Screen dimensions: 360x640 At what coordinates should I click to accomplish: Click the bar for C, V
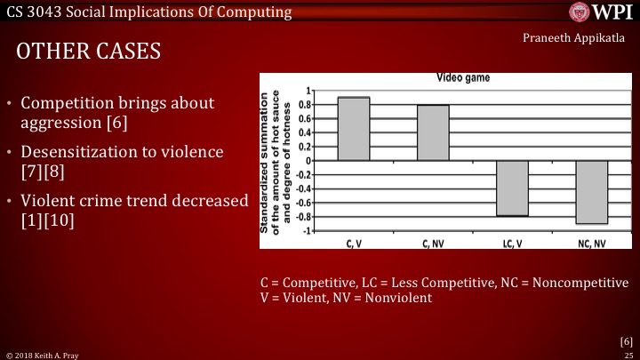(x=354, y=129)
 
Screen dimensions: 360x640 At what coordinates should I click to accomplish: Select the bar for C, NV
(x=433, y=133)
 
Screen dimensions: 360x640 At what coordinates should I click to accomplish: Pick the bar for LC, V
(x=512, y=188)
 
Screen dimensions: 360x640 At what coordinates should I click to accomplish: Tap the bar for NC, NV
(x=591, y=192)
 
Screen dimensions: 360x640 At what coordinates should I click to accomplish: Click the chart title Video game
(x=462, y=78)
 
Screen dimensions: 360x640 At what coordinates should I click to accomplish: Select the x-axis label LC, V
(x=512, y=243)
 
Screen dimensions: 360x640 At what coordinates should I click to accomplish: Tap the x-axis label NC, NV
(x=591, y=243)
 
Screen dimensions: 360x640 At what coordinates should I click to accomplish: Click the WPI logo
(x=595, y=14)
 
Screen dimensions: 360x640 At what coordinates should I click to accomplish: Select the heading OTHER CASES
(x=89, y=52)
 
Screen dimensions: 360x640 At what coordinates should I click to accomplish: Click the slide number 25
(x=627, y=354)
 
